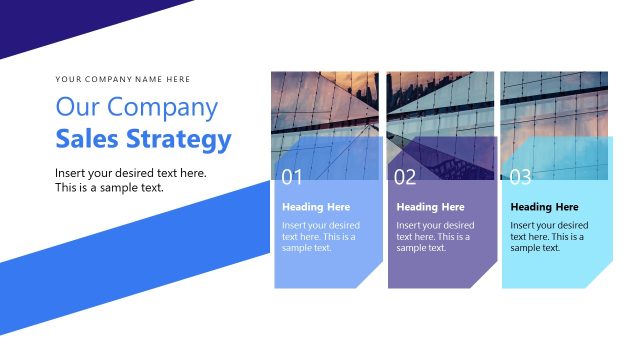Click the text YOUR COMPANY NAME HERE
click(123, 79)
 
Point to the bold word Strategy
click(184, 140)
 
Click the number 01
click(292, 178)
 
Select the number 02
click(405, 178)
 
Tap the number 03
click(521, 178)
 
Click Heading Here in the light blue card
click(316, 207)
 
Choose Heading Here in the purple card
click(430, 207)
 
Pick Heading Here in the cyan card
click(544, 207)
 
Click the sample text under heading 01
click(320, 237)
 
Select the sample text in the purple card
click(434, 237)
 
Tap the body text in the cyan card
click(548, 237)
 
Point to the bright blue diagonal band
click(120, 245)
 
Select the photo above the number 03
click(554, 105)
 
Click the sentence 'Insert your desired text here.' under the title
click(130, 173)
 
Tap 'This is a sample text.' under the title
click(109, 188)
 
